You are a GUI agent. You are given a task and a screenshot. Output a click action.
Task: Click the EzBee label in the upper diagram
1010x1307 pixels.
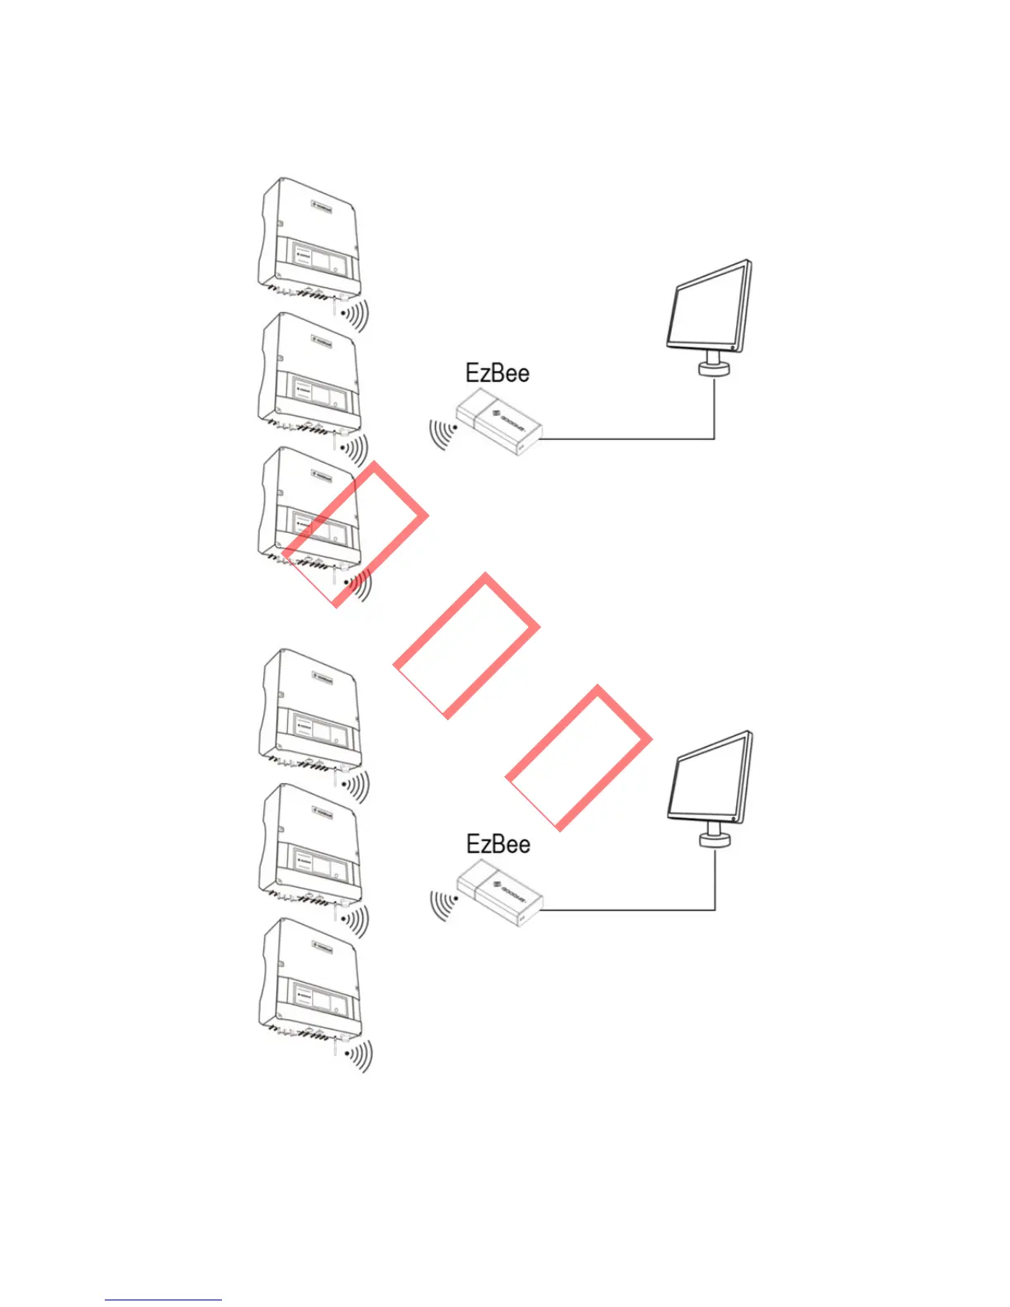(x=497, y=373)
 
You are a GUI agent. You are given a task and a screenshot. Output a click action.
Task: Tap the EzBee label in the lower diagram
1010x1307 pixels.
(x=498, y=844)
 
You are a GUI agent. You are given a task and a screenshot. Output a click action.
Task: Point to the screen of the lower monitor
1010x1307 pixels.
(x=708, y=777)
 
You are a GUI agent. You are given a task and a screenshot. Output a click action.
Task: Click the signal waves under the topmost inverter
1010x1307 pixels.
(x=356, y=314)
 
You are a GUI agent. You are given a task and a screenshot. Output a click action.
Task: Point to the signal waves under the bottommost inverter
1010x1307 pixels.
(x=359, y=1055)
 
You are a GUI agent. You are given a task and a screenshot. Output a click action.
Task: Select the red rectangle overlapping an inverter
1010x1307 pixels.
(x=356, y=534)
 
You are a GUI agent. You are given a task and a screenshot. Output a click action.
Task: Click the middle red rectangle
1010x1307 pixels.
(x=467, y=645)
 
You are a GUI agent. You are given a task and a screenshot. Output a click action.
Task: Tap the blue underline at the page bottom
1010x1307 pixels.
(x=163, y=1300)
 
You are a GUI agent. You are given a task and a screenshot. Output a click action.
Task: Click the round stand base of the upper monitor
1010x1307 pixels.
(x=715, y=367)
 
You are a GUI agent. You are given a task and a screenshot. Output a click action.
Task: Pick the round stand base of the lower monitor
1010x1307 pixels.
(x=715, y=839)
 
